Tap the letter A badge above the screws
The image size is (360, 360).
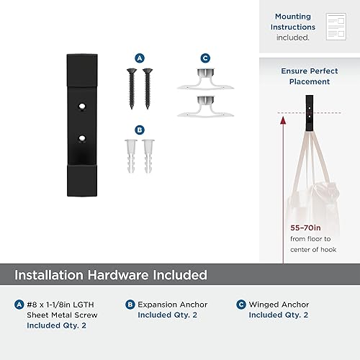point(140,58)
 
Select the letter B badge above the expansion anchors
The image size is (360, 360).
point(140,130)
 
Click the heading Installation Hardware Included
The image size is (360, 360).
point(111,274)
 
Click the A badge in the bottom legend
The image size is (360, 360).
point(19,305)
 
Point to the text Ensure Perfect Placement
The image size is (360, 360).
point(305,76)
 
